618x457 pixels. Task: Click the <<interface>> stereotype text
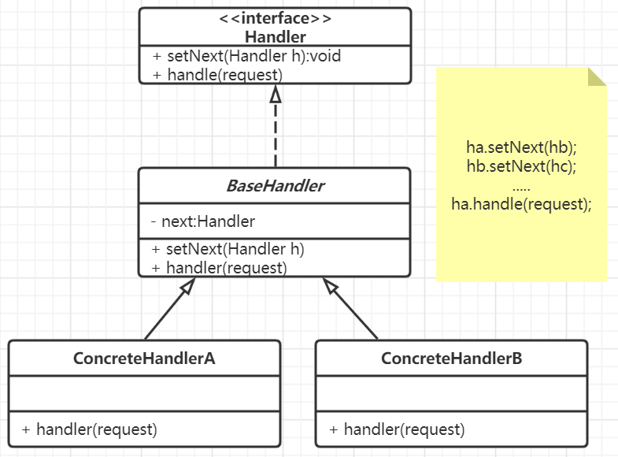click(275, 18)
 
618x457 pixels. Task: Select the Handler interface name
click(275, 37)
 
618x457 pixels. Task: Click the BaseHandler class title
click(275, 186)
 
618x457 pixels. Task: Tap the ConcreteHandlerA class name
click(144, 359)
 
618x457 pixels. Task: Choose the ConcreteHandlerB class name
click(452, 359)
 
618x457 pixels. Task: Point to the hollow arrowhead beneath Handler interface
click(276, 95)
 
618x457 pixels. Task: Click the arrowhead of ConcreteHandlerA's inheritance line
click(188, 286)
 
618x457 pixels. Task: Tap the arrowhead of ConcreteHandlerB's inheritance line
click(330, 285)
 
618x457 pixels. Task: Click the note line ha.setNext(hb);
click(521, 147)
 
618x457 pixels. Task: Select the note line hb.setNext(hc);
click(521, 166)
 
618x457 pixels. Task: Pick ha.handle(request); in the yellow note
click(521, 204)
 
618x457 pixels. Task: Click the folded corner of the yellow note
click(597, 76)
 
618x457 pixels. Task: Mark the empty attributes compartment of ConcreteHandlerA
click(144, 393)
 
